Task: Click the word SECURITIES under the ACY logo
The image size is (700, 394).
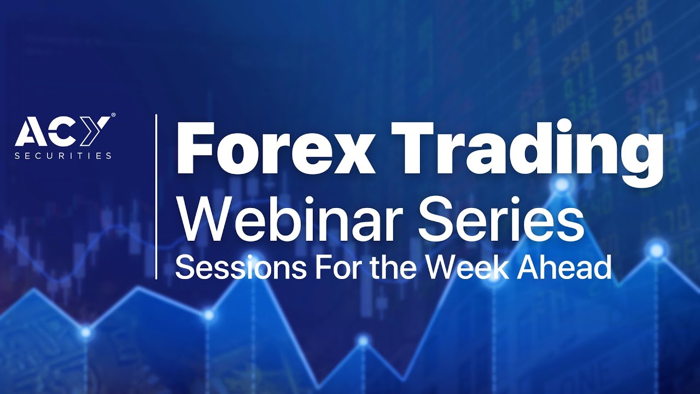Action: point(63,155)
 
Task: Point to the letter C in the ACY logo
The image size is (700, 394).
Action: point(61,134)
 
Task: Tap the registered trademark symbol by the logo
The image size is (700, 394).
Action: point(113,115)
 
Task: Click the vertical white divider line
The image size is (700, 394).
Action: point(156,197)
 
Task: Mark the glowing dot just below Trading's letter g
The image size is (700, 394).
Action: point(561,185)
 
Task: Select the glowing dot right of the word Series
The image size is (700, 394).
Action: point(656,251)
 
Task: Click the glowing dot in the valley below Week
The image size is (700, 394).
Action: point(363,341)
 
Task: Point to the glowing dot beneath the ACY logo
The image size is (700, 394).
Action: point(85,331)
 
